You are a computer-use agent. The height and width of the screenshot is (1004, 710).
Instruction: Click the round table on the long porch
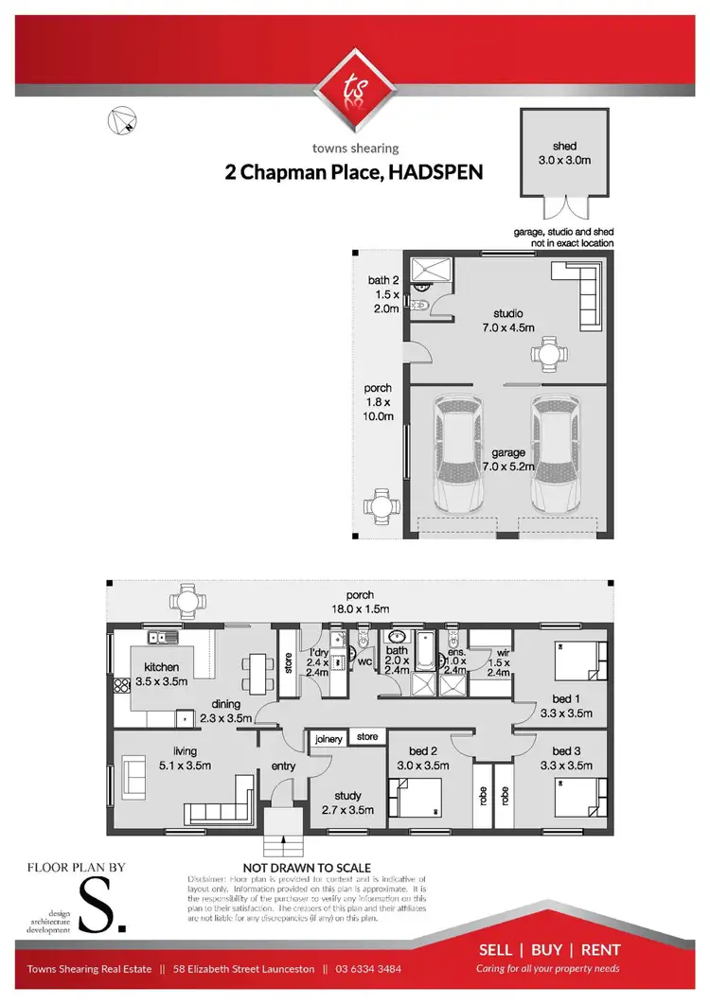coord(186,601)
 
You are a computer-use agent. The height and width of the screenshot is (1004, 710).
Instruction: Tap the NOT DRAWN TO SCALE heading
coord(307,868)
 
